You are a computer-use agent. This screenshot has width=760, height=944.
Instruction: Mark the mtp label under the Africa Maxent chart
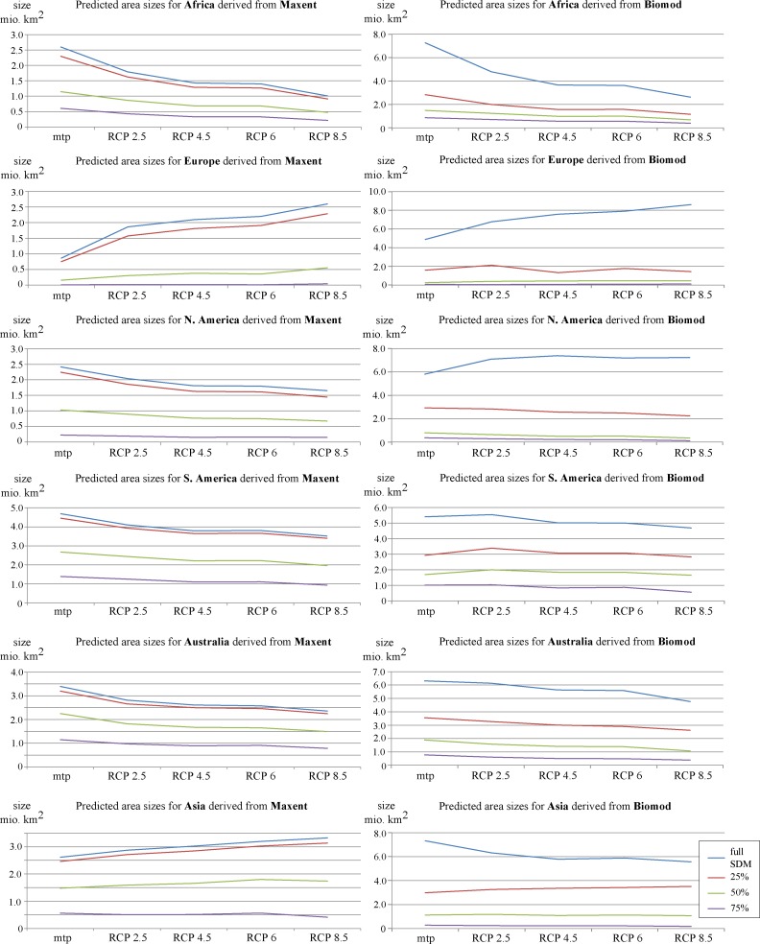(63, 137)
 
